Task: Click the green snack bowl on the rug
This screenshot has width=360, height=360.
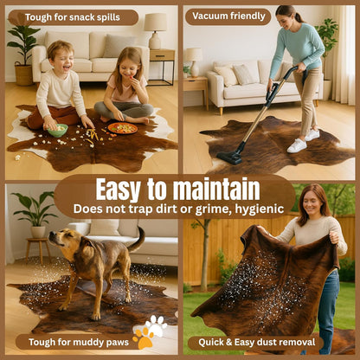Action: [x=57, y=131]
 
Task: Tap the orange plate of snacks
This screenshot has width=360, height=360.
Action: [x=123, y=128]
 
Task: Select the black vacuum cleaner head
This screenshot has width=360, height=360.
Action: [x=229, y=157]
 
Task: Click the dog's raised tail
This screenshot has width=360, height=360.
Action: [x=138, y=241]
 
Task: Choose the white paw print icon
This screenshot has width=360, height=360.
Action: [x=157, y=325]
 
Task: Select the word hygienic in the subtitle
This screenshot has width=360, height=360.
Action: [x=260, y=209]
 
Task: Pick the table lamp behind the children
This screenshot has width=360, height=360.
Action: [x=156, y=30]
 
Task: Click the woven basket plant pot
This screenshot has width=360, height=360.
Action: [x=23, y=74]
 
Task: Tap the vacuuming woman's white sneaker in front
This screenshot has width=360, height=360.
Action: [x=297, y=145]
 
